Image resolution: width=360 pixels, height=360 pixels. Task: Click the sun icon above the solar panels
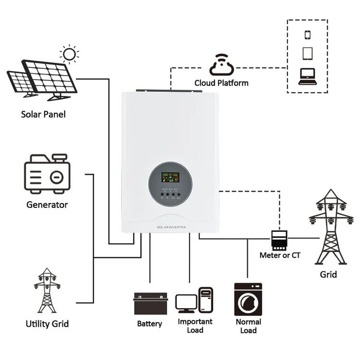click(x=69, y=54)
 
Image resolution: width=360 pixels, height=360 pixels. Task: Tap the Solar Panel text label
click(x=43, y=114)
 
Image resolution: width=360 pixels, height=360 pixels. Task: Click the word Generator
click(x=47, y=205)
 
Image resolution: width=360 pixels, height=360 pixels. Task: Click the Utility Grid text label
click(x=47, y=324)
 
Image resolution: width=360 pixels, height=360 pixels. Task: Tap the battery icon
click(x=150, y=304)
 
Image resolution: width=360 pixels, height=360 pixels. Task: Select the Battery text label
click(x=149, y=324)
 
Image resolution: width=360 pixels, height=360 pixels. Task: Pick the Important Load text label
click(x=194, y=326)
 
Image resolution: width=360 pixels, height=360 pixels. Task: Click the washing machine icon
click(x=248, y=299)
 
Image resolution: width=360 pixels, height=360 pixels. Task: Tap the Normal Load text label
click(x=248, y=326)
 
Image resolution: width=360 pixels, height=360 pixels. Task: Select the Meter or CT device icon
click(x=279, y=239)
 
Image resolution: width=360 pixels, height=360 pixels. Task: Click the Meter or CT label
click(x=280, y=255)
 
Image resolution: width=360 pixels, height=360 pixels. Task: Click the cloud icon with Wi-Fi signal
click(x=221, y=66)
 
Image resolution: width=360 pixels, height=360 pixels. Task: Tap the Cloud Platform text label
click(x=221, y=83)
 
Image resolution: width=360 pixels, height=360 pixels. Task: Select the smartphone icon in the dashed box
click(x=308, y=35)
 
